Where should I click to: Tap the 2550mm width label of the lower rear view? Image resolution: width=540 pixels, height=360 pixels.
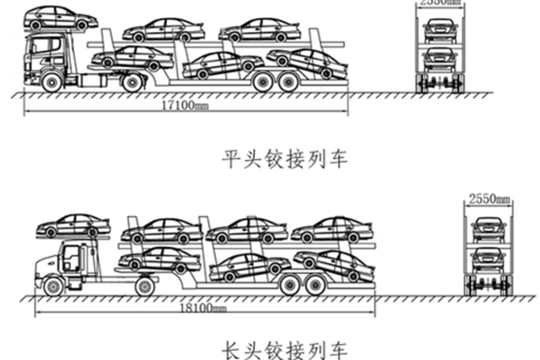pyautogui.click(x=489, y=200)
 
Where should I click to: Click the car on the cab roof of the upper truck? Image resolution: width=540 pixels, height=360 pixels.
pyautogui.click(x=60, y=18)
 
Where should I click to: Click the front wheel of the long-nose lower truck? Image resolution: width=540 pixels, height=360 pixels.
pyautogui.click(x=52, y=283)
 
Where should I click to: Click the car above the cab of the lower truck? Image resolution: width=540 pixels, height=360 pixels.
pyautogui.click(x=73, y=225)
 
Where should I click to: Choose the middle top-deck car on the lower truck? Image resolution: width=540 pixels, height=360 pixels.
pyautogui.click(x=245, y=229)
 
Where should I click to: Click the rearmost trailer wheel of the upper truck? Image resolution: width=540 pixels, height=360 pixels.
pyautogui.click(x=295, y=83)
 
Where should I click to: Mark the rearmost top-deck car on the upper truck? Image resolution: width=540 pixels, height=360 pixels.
pyautogui.click(x=260, y=29)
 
